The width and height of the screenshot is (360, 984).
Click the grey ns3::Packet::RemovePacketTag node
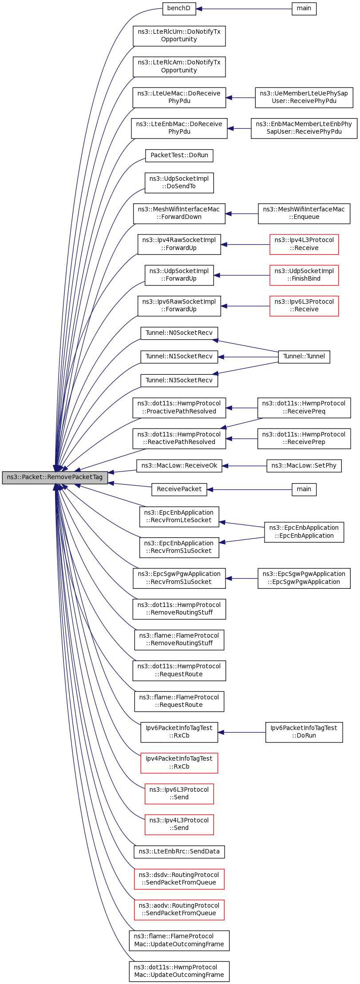55,477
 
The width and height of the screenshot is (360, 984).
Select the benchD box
179,8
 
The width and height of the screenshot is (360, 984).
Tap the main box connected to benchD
304,8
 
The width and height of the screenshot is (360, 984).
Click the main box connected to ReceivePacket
304,489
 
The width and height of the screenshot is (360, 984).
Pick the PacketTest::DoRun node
179,155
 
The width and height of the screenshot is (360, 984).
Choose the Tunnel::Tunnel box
304,357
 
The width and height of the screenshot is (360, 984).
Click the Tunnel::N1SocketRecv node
179,357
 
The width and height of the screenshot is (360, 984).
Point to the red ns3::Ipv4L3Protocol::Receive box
304,244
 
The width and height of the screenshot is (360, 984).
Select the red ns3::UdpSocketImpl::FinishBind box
304,275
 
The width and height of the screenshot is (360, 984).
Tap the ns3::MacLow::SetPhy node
304,466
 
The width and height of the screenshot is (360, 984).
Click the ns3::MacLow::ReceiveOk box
179,466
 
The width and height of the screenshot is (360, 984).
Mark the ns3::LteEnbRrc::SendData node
179,852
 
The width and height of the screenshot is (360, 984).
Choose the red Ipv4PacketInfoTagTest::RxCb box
179,763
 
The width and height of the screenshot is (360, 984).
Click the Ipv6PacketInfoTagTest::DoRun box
304,732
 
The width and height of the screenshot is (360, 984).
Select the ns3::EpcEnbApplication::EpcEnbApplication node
304,532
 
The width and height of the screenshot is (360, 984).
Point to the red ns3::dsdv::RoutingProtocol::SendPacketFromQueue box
179,879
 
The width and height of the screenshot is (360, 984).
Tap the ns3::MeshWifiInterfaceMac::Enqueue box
304,214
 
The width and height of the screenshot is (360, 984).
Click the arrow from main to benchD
244,8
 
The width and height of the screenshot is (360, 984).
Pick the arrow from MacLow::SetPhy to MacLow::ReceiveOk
245,466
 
